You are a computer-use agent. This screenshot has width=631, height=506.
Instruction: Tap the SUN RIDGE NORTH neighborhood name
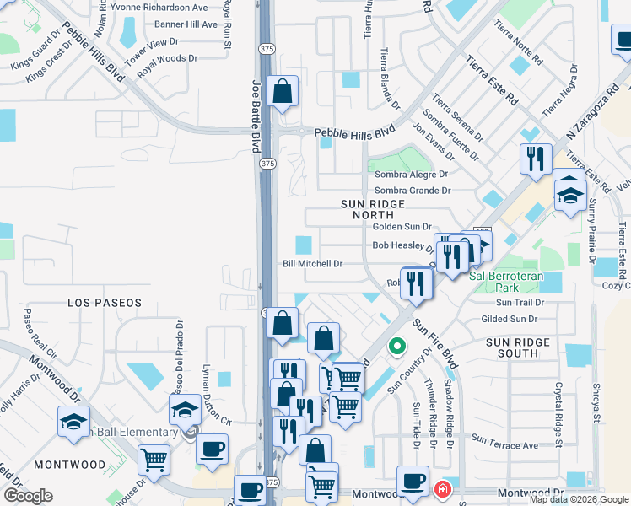373,210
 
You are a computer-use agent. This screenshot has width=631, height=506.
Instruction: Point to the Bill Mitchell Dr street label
312,264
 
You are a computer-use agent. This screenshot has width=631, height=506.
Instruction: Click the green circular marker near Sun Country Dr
396,346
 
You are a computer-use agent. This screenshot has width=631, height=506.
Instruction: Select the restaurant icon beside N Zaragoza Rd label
536,160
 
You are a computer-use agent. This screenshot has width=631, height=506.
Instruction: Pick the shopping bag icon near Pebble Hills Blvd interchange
283,93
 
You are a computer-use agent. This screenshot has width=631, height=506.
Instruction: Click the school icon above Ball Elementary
182,412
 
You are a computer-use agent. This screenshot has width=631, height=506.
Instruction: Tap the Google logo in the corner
28,496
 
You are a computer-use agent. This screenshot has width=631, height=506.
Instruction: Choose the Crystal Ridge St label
558,412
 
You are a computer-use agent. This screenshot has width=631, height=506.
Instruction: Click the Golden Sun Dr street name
402,227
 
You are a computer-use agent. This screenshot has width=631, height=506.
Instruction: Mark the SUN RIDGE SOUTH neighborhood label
518,348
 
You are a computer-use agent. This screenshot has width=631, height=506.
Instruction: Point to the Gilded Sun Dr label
509,319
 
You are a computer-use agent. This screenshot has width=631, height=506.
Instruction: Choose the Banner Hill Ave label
185,24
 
